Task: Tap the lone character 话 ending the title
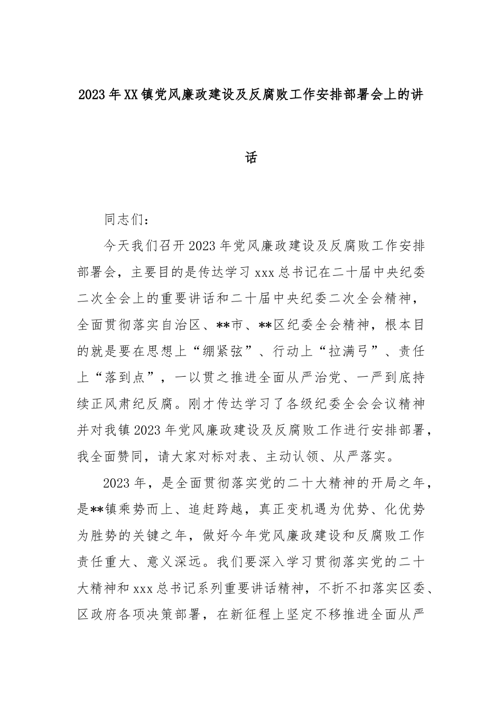click(x=251, y=157)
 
